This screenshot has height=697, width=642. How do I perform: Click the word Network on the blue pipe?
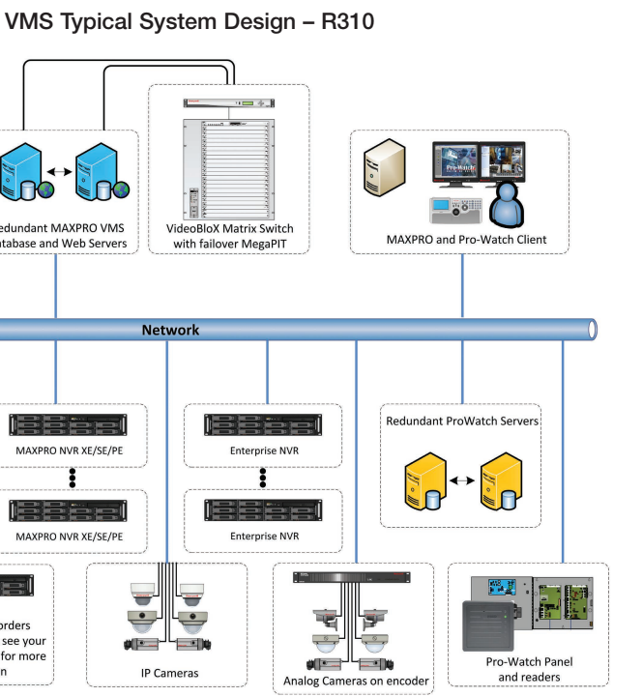click(x=170, y=330)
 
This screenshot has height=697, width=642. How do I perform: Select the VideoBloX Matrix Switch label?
click(x=229, y=228)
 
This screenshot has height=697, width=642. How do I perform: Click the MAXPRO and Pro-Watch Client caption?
click(x=466, y=239)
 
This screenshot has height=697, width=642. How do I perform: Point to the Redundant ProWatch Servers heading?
click(x=462, y=421)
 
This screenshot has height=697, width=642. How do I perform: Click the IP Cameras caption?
click(x=167, y=673)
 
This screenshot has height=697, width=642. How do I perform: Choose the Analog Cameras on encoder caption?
click(x=356, y=681)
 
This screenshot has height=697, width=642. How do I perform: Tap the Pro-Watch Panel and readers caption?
click(x=529, y=670)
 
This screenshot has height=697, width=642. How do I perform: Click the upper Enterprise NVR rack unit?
click(x=263, y=424)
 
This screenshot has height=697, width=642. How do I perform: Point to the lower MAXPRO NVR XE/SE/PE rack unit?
click(x=68, y=508)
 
